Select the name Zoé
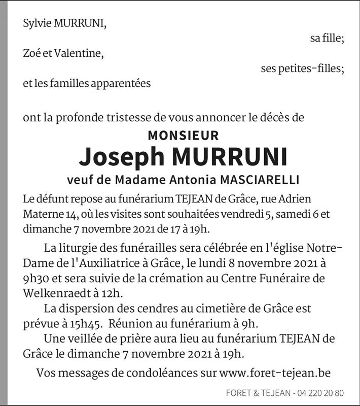click(x=31, y=54)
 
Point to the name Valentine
click(x=80, y=54)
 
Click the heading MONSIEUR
click(x=183, y=136)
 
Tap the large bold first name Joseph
click(x=120, y=158)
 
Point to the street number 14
click(x=66, y=215)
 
